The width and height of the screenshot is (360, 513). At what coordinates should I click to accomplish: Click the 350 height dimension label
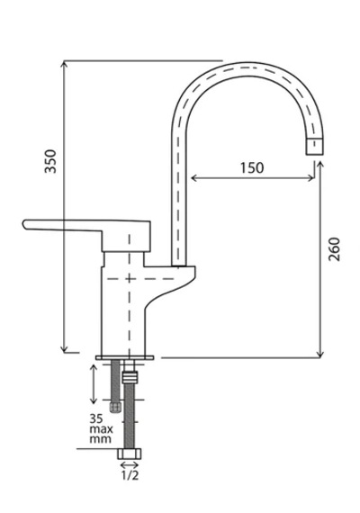coord(50,161)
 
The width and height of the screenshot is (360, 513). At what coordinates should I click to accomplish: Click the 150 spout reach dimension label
coord(252,167)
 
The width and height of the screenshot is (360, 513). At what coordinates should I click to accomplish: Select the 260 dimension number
coord(334,249)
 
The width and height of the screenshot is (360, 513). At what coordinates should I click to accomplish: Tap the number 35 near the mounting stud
coord(96,418)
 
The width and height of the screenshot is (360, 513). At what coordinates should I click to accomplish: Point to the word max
coord(102,428)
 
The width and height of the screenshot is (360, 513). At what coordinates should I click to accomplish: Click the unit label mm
coord(101,439)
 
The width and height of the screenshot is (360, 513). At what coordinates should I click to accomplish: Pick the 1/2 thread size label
coord(130,475)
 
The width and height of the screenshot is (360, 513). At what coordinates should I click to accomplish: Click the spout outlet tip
coord(316,146)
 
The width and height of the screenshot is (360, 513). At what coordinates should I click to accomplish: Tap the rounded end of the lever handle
coord(25,224)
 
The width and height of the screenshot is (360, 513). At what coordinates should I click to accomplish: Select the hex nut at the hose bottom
coord(130,454)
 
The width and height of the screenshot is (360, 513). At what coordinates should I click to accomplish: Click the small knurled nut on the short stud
coord(115,408)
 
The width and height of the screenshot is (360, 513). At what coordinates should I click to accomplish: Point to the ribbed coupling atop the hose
coord(130,377)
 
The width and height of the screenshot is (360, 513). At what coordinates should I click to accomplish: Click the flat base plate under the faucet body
coord(125,357)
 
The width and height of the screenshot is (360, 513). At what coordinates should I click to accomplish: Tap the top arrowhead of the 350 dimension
coord(65,64)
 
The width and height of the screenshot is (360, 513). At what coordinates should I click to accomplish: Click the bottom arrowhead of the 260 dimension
coord(320,355)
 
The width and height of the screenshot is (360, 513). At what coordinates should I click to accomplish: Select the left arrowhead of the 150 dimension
coord(193,178)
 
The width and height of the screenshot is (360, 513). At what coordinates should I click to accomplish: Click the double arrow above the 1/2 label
coord(130,464)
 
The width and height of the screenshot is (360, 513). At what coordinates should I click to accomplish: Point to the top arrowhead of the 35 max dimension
coord(94,368)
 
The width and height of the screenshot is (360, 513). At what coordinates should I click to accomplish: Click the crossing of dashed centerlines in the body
coord(130,279)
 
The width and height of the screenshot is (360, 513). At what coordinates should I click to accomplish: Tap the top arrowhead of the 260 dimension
coord(320,165)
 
